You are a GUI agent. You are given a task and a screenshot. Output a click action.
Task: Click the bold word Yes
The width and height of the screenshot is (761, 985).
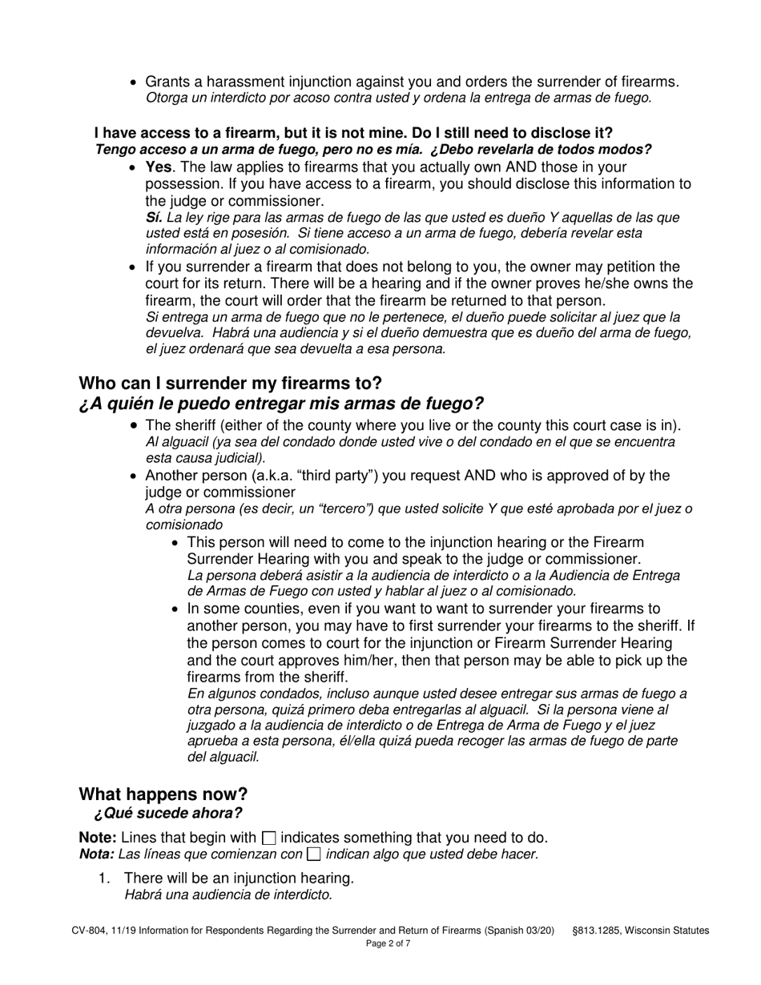pyautogui.click(x=159, y=167)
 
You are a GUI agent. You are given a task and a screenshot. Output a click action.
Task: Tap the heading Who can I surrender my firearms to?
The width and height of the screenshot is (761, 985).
pyautogui.click(x=230, y=383)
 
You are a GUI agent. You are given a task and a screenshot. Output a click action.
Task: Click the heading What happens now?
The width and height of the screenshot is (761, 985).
pyautogui.click(x=163, y=794)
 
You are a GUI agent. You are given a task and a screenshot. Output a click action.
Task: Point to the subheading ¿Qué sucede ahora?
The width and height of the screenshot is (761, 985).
pyautogui.click(x=167, y=814)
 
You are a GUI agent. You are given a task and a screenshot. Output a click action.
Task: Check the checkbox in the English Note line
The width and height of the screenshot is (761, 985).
pyautogui.click(x=269, y=838)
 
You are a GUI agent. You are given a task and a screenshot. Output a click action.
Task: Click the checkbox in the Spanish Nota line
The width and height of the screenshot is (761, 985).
pyautogui.click(x=314, y=854)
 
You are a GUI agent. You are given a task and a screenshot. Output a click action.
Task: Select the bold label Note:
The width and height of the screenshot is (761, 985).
pyautogui.click(x=97, y=838)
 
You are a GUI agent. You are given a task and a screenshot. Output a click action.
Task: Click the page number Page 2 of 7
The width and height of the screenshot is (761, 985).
pyautogui.click(x=388, y=944)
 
